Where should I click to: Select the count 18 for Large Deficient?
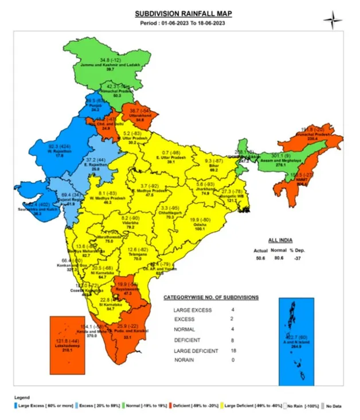(250, 349)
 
